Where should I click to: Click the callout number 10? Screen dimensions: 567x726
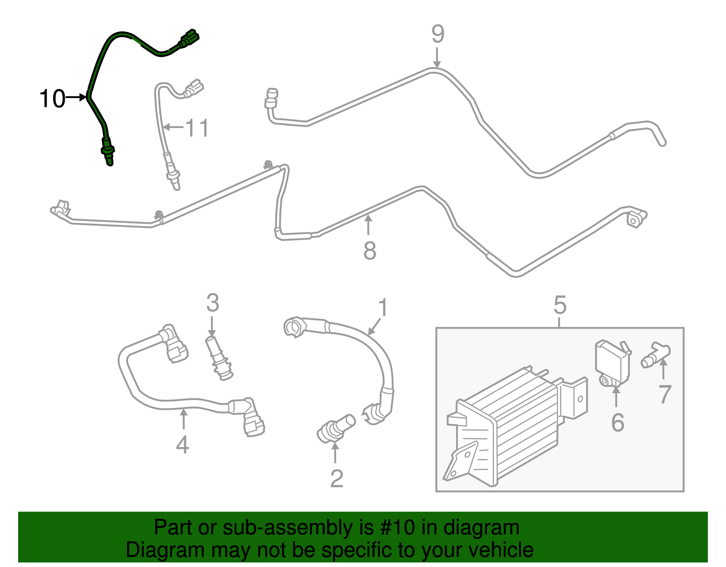52,99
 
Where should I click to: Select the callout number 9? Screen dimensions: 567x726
437,34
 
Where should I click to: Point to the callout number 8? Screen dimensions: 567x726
370,251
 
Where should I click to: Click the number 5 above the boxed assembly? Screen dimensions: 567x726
560,305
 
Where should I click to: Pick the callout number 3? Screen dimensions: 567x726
212,303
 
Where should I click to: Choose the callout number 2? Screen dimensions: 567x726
336,478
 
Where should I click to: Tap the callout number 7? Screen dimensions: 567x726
664,394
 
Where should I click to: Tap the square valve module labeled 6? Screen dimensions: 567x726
613,361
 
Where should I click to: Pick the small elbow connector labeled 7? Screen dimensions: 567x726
656,354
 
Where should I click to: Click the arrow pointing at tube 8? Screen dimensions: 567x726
368,225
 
